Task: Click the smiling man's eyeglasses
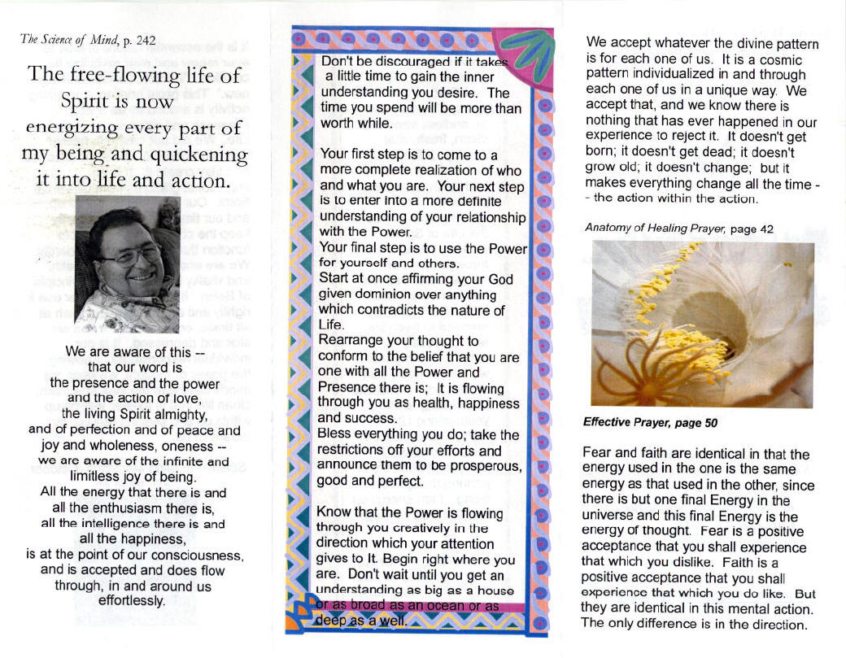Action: point(129,253)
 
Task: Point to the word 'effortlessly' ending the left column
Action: point(131,601)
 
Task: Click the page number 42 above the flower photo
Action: point(765,229)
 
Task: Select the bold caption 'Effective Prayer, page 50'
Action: point(651,422)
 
